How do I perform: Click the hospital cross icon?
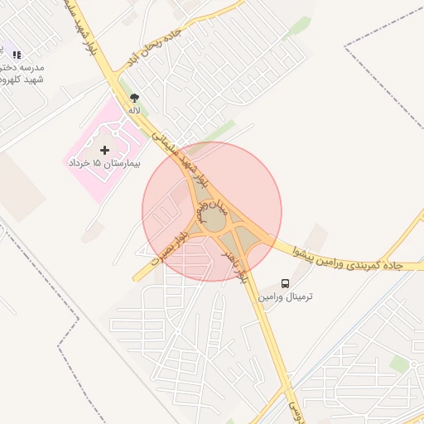coord(104,150)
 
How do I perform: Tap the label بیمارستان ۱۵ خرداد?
coord(104,164)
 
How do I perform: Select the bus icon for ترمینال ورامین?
coord(285,283)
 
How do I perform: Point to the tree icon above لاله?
coord(134,98)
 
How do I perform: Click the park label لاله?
coord(134,109)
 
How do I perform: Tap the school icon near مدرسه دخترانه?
coord(17,55)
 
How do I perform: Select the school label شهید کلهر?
coord(23,79)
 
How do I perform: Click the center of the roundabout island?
coord(214,220)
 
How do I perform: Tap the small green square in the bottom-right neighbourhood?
coord(399,364)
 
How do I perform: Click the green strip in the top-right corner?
coord(299,26)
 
